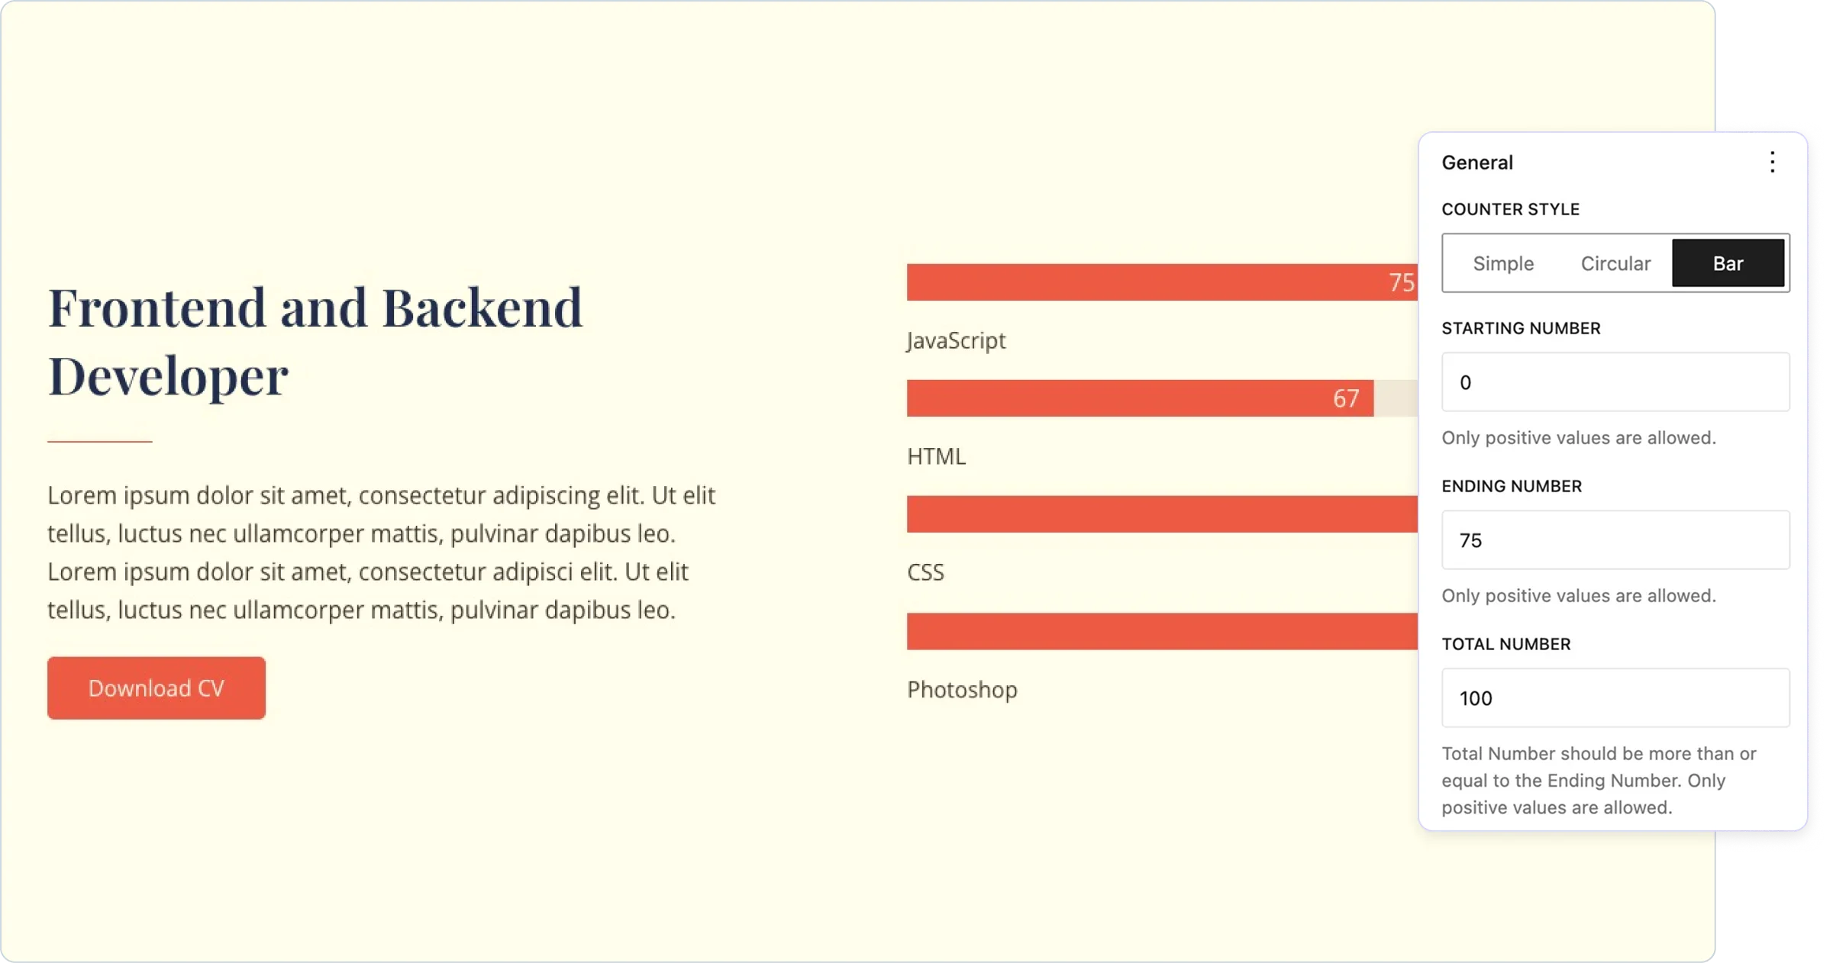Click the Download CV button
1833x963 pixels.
(x=157, y=688)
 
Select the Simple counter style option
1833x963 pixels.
(x=1503, y=263)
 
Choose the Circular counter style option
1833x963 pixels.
(x=1615, y=263)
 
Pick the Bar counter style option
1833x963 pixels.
(x=1728, y=263)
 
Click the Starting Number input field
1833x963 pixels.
(x=1615, y=382)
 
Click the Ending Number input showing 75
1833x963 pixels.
(x=1615, y=539)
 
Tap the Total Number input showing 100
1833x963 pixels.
(x=1615, y=697)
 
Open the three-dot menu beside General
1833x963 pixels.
(x=1772, y=162)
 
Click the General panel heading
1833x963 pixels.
(x=1477, y=163)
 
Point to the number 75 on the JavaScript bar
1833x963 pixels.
(x=1402, y=282)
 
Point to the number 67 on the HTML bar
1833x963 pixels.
(x=1346, y=398)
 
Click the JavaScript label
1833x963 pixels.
(x=957, y=340)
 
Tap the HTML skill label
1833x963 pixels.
(x=936, y=456)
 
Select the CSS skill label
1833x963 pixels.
(x=925, y=572)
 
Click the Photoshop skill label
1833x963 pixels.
(x=962, y=689)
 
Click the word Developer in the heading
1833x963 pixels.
(x=168, y=376)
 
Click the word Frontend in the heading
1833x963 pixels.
(x=157, y=308)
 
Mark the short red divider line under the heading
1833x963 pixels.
(x=100, y=441)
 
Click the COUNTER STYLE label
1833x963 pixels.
(x=1510, y=209)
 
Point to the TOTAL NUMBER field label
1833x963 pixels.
(x=1505, y=644)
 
